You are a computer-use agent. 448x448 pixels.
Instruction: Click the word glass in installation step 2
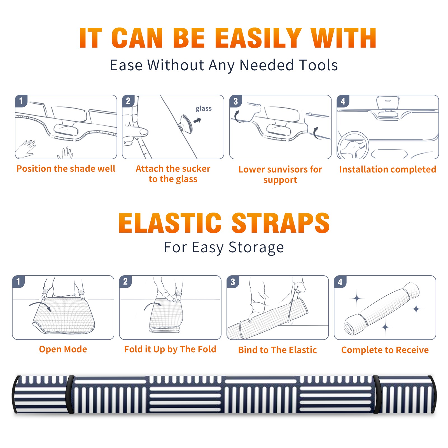[x=204, y=109]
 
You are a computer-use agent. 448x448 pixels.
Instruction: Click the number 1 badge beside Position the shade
[x=21, y=101]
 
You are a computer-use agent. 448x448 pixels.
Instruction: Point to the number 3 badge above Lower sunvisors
[x=235, y=101]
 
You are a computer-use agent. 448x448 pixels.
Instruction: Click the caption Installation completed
[x=388, y=169]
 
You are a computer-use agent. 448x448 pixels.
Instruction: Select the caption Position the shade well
[x=66, y=169]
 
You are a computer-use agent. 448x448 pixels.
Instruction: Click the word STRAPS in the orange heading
[x=281, y=223]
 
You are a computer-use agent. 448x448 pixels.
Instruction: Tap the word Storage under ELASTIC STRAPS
[x=256, y=248]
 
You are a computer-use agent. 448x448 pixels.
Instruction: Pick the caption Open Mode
[x=63, y=349]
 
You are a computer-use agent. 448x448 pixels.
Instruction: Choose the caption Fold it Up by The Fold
[x=170, y=349]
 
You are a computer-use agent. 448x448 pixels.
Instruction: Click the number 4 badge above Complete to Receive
[x=340, y=282]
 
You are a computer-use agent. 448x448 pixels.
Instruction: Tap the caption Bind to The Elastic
[x=277, y=350]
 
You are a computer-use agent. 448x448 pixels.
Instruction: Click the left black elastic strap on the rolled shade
[x=70, y=394]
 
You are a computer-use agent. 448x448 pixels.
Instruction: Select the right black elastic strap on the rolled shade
[x=376, y=394]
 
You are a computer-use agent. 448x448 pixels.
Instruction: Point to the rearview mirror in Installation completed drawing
[x=388, y=103]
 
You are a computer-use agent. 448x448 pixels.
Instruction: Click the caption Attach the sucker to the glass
[x=173, y=174]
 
